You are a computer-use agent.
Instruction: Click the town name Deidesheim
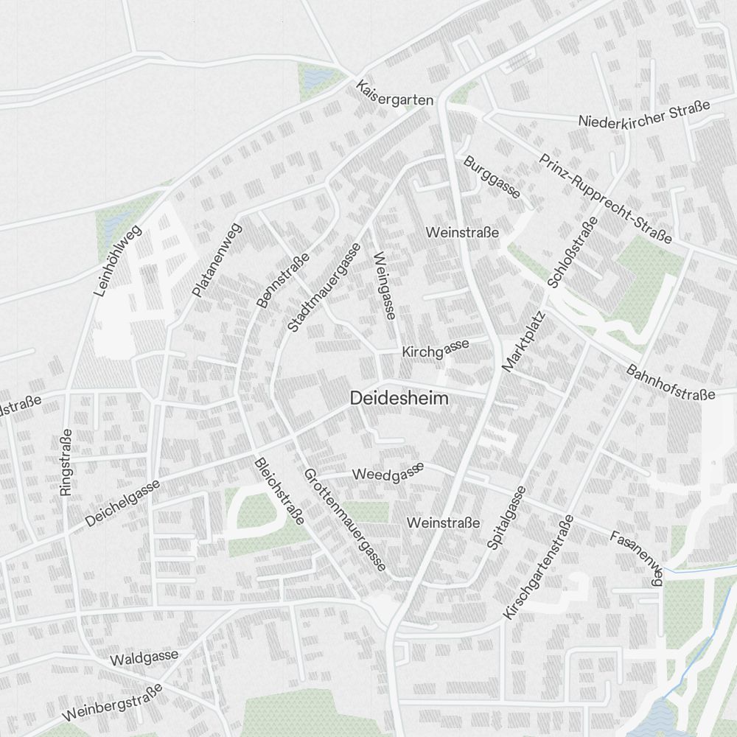click(x=399, y=398)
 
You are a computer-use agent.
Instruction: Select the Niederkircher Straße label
click(x=644, y=113)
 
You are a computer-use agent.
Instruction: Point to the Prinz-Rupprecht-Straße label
click(x=605, y=198)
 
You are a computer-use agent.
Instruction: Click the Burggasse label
click(x=492, y=177)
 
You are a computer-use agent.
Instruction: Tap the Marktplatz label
click(x=523, y=340)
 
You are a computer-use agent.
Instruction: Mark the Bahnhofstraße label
click(x=671, y=382)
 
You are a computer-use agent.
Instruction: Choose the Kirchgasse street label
click(x=436, y=349)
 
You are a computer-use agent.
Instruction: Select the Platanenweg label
click(x=217, y=260)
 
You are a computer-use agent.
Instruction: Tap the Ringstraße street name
click(x=66, y=462)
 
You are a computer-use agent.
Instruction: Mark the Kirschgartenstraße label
click(x=539, y=567)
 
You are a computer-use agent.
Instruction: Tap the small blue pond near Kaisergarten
click(x=314, y=76)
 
